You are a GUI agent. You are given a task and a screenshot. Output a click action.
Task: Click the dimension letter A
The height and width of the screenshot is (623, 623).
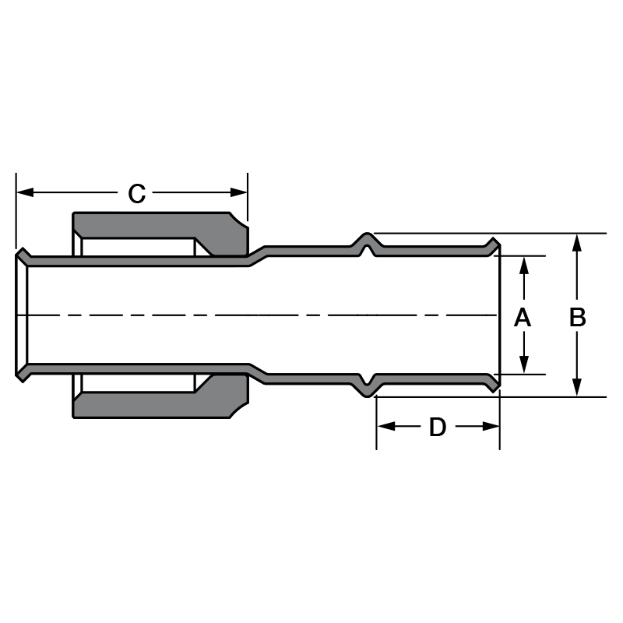pos(523,317)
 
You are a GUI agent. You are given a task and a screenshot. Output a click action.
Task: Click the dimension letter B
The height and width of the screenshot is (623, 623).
pos(577,317)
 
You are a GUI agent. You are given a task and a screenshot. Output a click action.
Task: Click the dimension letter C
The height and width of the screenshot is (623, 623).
pos(137,193)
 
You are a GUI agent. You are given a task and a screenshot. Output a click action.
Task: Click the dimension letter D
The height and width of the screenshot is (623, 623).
pos(438,427)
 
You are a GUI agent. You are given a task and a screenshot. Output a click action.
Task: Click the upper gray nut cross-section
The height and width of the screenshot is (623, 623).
pos(156,225)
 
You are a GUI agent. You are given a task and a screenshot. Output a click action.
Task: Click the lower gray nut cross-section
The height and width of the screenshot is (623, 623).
pos(156,406)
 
